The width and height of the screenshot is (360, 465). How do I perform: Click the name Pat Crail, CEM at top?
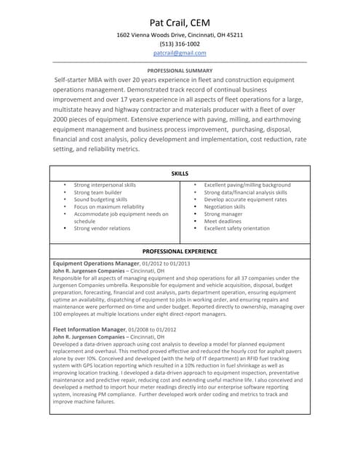[x=180, y=22]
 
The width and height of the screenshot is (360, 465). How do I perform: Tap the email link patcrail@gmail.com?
[x=180, y=53]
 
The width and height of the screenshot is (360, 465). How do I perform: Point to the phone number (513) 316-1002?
[x=180, y=44]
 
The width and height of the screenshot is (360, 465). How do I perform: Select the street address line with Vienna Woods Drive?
[x=180, y=35]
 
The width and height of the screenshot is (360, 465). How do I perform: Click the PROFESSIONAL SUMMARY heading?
[x=180, y=71]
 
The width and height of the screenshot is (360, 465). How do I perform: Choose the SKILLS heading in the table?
[x=180, y=174]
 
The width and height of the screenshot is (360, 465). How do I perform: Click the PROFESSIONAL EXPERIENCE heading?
[x=180, y=251]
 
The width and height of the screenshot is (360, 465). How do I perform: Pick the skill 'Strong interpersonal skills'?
[x=105, y=185]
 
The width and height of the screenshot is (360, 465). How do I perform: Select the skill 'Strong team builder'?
[x=97, y=193]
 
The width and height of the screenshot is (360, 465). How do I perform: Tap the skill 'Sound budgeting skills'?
[x=100, y=200]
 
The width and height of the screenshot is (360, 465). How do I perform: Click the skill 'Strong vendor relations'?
[x=102, y=229]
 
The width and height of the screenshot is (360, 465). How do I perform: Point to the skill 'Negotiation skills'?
[x=225, y=207]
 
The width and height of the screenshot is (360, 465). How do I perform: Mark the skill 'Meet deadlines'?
[x=221, y=222]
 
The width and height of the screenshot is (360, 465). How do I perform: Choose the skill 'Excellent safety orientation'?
[x=236, y=229]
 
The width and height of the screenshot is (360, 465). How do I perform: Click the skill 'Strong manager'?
[x=223, y=214]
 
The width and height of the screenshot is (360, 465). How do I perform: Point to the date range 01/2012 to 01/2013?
[x=166, y=263]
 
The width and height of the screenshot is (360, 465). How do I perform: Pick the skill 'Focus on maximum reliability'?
[x=109, y=207]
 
